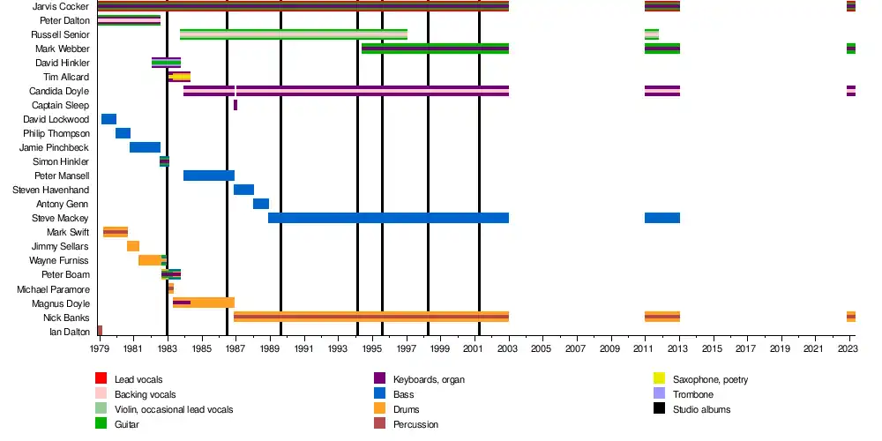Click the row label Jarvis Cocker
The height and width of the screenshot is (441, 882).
(60, 7)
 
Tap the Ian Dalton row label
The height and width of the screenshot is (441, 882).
(69, 332)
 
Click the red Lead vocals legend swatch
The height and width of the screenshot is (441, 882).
(101, 379)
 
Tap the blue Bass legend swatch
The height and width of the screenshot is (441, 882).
(380, 394)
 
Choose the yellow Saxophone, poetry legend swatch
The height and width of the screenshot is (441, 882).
(659, 379)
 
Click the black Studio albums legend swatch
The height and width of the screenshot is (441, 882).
(659, 409)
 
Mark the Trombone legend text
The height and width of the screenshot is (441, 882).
(693, 394)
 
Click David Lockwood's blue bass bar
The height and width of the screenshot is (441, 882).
(108, 119)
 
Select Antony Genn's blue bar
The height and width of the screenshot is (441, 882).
(261, 204)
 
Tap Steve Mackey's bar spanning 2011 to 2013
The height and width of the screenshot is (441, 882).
(661, 218)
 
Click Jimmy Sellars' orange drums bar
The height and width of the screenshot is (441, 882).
(133, 246)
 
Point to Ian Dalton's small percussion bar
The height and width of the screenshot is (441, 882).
(100, 331)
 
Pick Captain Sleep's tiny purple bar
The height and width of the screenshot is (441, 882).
(235, 105)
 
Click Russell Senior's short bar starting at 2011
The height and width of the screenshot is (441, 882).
(652, 34)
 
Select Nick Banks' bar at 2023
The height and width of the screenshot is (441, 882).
(851, 317)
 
